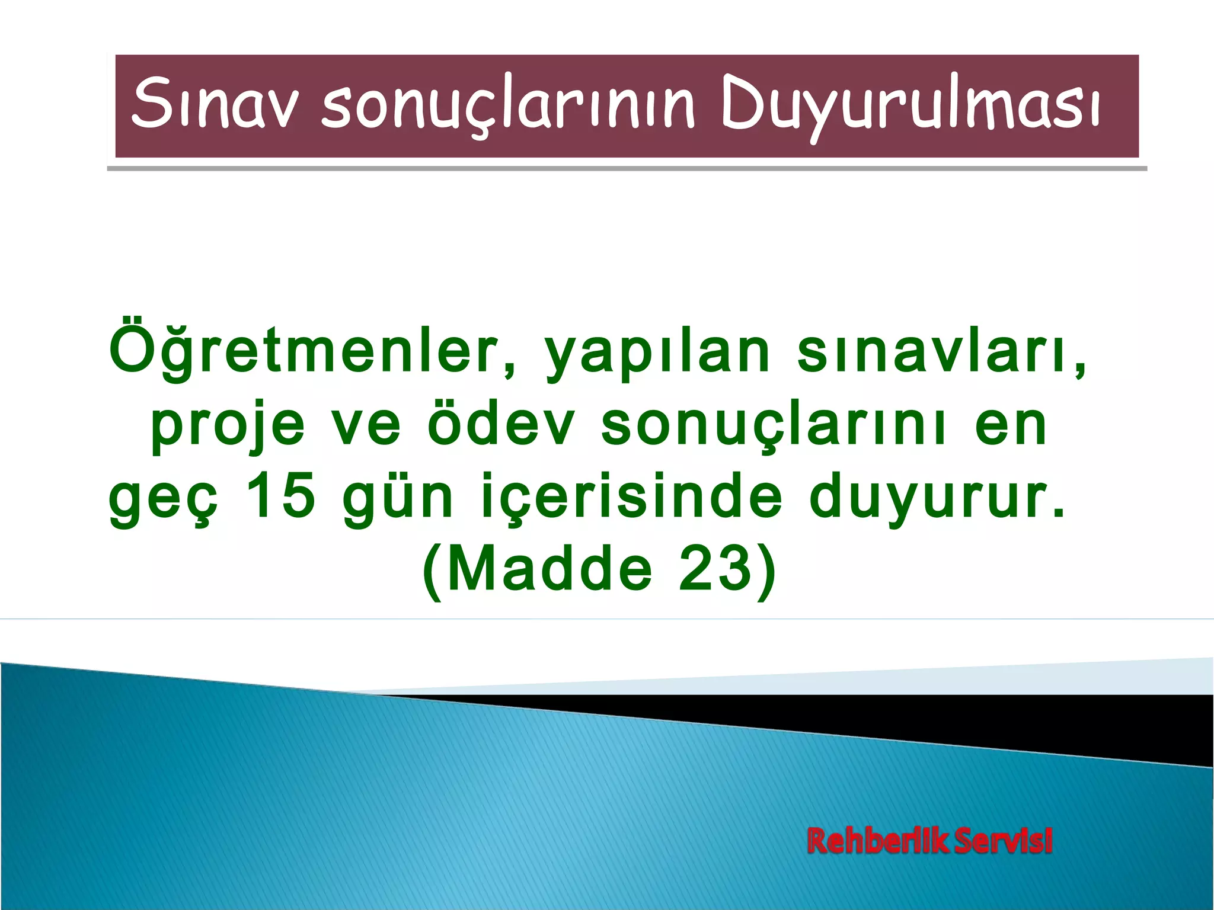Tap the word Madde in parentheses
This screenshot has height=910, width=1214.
[548, 570]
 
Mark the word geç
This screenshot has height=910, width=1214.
[164, 501]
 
